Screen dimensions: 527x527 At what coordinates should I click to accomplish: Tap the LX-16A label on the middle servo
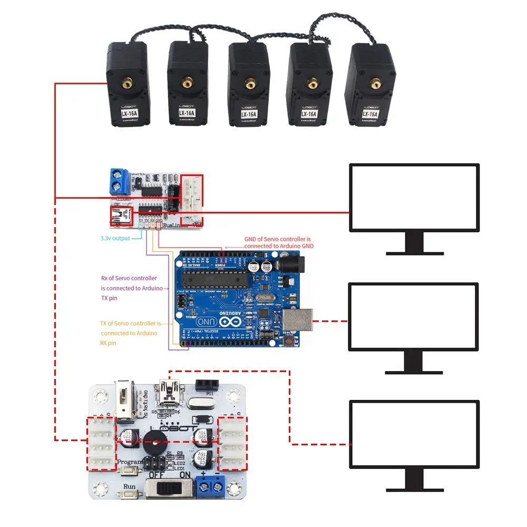tap(248, 114)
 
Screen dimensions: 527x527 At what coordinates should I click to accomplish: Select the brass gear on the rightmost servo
tap(375, 82)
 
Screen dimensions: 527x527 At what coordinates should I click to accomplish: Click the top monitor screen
tap(415, 197)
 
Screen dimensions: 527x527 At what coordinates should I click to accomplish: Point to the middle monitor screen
tap(414, 316)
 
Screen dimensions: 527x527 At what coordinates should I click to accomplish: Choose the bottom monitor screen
tap(415, 433)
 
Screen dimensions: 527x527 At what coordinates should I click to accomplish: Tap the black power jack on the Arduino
tap(288, 263)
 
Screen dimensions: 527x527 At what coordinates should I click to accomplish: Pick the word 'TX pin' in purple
tap(109, 298)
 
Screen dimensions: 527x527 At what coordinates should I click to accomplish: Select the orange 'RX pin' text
tap(108, 343)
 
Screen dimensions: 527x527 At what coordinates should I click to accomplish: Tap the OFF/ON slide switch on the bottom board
tap(168, 489)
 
